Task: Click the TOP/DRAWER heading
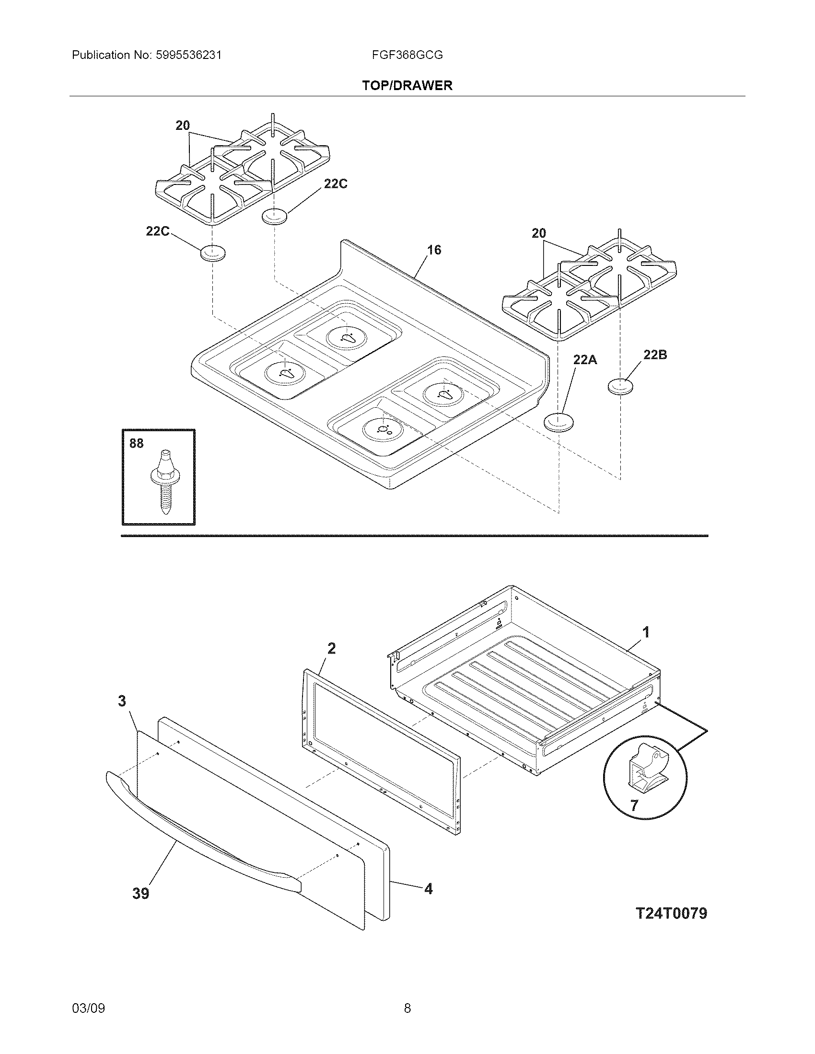point(407,85)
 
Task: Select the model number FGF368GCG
point(407,55)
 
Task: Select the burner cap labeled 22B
point(620,386)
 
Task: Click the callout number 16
point(434,250)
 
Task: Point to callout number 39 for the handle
point(141,894)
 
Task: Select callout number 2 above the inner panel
point(331,648)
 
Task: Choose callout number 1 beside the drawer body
point(646,632)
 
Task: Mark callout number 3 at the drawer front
point(122,701)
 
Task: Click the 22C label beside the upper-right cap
point(335,184)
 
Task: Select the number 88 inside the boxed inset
point(136,443)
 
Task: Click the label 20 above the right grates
point(538,233)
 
